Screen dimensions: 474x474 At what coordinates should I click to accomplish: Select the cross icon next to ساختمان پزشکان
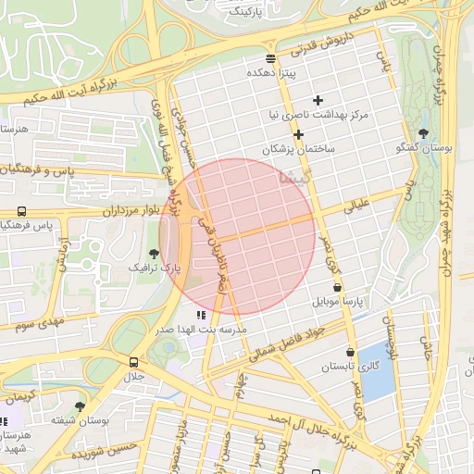point(298,134)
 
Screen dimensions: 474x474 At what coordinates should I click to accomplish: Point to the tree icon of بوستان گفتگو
point(423,134)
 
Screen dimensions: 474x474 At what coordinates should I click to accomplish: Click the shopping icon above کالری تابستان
point(349,352)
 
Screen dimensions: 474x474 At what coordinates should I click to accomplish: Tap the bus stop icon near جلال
point(134,362)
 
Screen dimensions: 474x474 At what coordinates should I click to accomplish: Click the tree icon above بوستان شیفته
point(81,405)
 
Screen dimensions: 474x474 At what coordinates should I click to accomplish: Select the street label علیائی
point(356,206)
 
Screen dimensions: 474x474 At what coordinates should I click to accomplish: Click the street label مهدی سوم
point(36,325)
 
